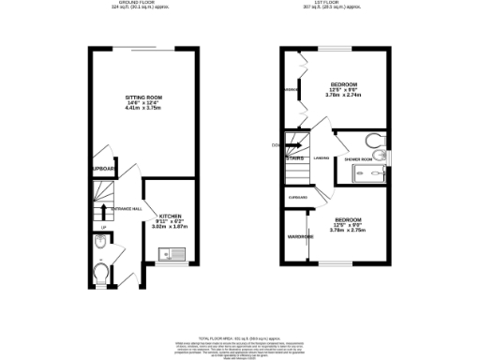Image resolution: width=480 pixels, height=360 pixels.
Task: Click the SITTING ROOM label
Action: (x=144, y=97)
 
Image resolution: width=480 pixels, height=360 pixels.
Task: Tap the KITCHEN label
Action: (x=170, y=215)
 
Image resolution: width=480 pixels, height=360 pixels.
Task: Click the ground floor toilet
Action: (x=102, y=275)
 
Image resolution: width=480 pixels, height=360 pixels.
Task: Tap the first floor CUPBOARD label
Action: (x=298, y=198)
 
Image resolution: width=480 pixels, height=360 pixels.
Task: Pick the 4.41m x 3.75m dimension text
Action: (x=144, y=109)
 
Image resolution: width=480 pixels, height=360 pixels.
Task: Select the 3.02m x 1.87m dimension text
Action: (x=170, y=227)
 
